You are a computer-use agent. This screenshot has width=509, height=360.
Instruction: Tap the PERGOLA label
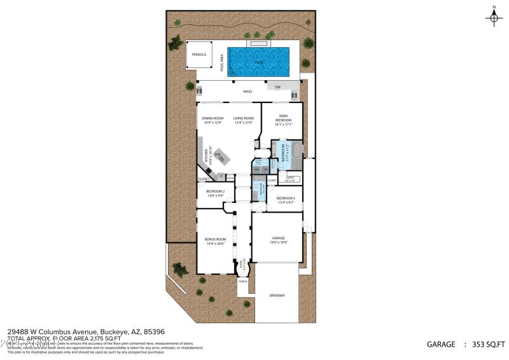(199, 55)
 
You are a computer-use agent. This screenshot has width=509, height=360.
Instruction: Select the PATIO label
(248, 92)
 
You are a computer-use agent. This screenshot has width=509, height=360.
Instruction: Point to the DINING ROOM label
(213, 118)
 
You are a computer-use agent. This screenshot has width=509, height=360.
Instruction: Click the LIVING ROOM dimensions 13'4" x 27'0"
(243, 123)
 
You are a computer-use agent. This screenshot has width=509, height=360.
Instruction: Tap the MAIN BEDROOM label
(283, 118)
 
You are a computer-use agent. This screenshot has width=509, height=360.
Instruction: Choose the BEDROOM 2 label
(215, 191)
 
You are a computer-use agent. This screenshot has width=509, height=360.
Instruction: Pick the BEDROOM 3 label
(286, 198)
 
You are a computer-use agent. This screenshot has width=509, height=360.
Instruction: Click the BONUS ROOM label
(215, 239)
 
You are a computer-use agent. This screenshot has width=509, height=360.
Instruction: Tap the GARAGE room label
(279, 238)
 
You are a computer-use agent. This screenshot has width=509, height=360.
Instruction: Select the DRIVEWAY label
(277, 295)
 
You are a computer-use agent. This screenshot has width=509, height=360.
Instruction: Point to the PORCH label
(242, 280)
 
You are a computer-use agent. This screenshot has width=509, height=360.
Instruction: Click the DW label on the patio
(277, 87)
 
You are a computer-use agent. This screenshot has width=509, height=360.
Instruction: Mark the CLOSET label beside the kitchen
(204, 179)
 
